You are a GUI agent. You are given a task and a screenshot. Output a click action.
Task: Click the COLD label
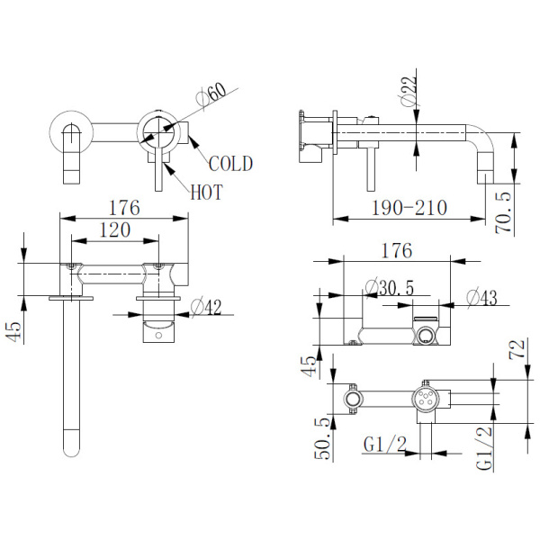coord(230,164)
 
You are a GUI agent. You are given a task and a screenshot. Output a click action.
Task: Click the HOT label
coord(207,192)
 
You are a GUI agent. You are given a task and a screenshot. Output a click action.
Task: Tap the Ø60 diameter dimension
coord(211,94)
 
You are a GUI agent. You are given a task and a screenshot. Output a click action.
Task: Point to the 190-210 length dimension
coord(409,208)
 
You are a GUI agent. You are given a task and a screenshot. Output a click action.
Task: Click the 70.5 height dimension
coord(503,212)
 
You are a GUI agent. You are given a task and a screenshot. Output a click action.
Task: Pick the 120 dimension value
coord(115,230)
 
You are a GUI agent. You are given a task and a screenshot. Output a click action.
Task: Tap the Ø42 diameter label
coord(206,308)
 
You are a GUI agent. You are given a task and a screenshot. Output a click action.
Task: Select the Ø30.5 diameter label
coord(390,288)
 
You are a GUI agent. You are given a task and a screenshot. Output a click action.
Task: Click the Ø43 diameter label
coord(482,298)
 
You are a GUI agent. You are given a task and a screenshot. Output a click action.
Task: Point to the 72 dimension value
coord(517,349)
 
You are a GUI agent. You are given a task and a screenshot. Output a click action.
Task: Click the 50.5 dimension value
coord(323,439)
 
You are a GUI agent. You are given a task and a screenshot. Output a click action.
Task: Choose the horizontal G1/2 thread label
coord(385,445)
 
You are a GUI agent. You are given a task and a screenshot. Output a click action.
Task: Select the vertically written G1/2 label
coord(484,449)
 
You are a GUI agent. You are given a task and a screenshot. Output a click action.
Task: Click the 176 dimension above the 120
coord(124,208)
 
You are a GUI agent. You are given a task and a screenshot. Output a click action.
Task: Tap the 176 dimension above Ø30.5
coord(396,250)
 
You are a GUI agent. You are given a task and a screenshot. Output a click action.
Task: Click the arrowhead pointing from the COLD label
coord(193,141)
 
